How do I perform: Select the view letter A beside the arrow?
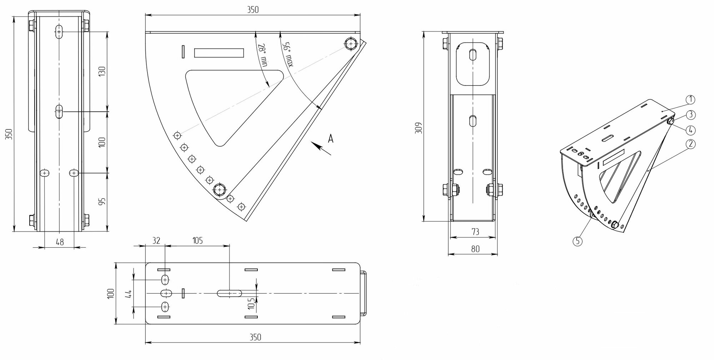(x=331, y=138)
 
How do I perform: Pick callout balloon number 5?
(x=577, y=241)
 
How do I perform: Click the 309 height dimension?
(x=419, y=128)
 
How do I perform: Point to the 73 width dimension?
(x=475, y=232)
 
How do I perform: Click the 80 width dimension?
(x=475, y=249)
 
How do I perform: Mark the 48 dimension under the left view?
(x=60, y=242)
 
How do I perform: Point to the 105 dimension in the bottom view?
(x=197, y=240)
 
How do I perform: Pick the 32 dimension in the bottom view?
(x=156, y=240)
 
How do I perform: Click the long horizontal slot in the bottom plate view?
(x=230, y=293)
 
